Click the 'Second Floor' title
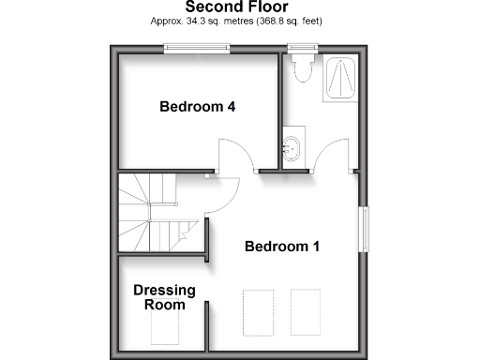point(240,7)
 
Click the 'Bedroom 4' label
point(197,107)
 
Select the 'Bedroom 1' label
point(282,247)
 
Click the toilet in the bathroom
point(302,71)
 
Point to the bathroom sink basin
point(292,147)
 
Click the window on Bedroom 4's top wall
point(197,49)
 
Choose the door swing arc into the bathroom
point(330,153)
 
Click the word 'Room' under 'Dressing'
point(163,305)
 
